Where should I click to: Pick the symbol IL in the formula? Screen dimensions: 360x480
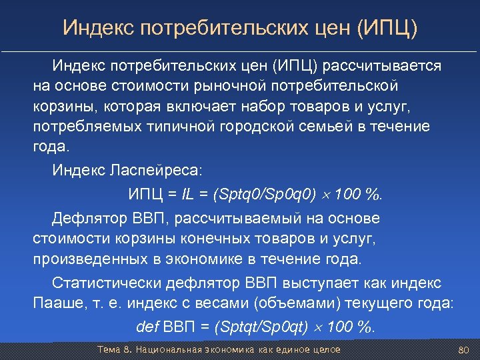[x=194, y=195]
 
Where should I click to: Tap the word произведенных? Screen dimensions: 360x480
[x=84, y=258]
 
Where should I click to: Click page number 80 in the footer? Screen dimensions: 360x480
[x=465, y=350]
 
